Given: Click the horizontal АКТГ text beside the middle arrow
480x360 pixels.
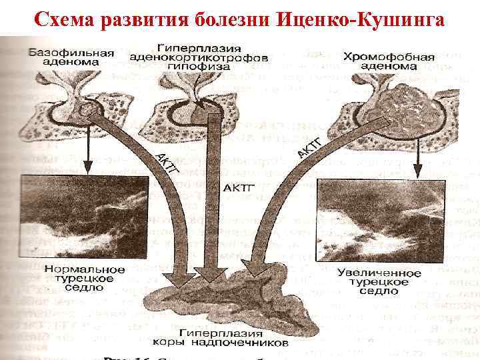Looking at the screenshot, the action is pos(237,188).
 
